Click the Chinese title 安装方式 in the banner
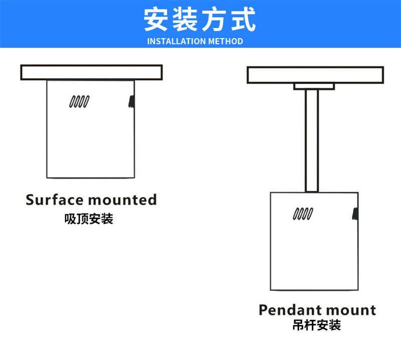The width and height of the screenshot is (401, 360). (x=200, y=20)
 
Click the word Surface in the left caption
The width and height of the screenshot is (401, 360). (x=54, y=200)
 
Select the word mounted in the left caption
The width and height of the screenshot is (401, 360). (x=122, y=200)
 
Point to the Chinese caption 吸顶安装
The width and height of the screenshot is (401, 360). (x=89, y=219)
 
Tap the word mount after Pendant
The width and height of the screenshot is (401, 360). (x=353, y=310)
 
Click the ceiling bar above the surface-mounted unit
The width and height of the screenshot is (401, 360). (x=91, y=72)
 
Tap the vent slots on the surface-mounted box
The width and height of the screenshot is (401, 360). (x=79, y=101)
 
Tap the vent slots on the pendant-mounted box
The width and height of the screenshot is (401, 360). (x=303, y=214)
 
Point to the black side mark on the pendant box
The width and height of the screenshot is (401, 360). (x=355, y=214)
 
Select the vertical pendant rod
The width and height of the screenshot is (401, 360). (x=312, y=141)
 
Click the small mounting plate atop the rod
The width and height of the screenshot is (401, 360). (x=313, y=87)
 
